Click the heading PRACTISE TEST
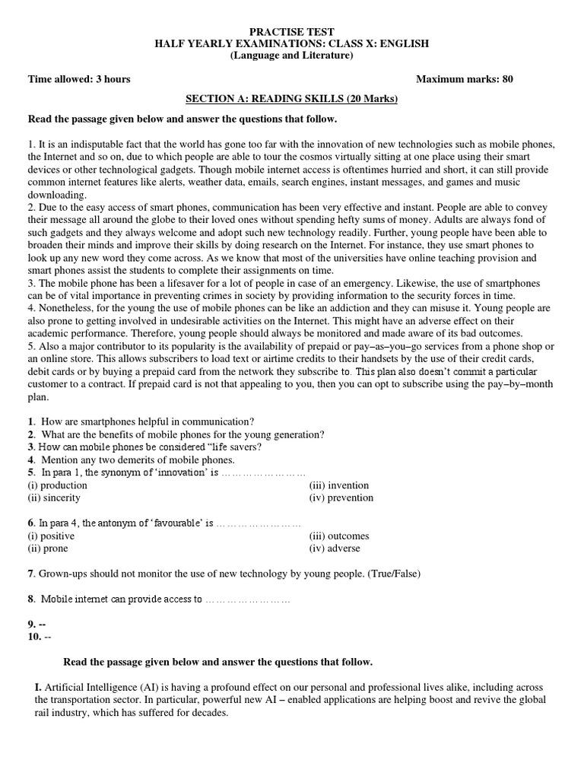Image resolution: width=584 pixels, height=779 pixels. (x=292, y=32)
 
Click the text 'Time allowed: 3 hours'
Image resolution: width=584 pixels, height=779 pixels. (x=79, y=79)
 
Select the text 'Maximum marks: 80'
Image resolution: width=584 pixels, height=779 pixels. (x=469, y=79)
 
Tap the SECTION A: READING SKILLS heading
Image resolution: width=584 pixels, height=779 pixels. (x=292, y=100)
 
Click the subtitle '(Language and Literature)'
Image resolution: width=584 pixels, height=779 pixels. (x=292, y=56)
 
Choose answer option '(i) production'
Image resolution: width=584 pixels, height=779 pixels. (x=52, y=485)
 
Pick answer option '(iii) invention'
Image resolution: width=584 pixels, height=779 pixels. (x=338, y=485)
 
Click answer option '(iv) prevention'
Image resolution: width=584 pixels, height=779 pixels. (x=341, y=498)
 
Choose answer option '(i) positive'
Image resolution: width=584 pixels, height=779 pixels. (x=51, y=536)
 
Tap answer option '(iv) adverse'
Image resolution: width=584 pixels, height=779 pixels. (x=335, y=548)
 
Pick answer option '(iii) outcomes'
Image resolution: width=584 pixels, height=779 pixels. (x=338, y=536)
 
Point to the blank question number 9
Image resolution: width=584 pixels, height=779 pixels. (x=36, y=624)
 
